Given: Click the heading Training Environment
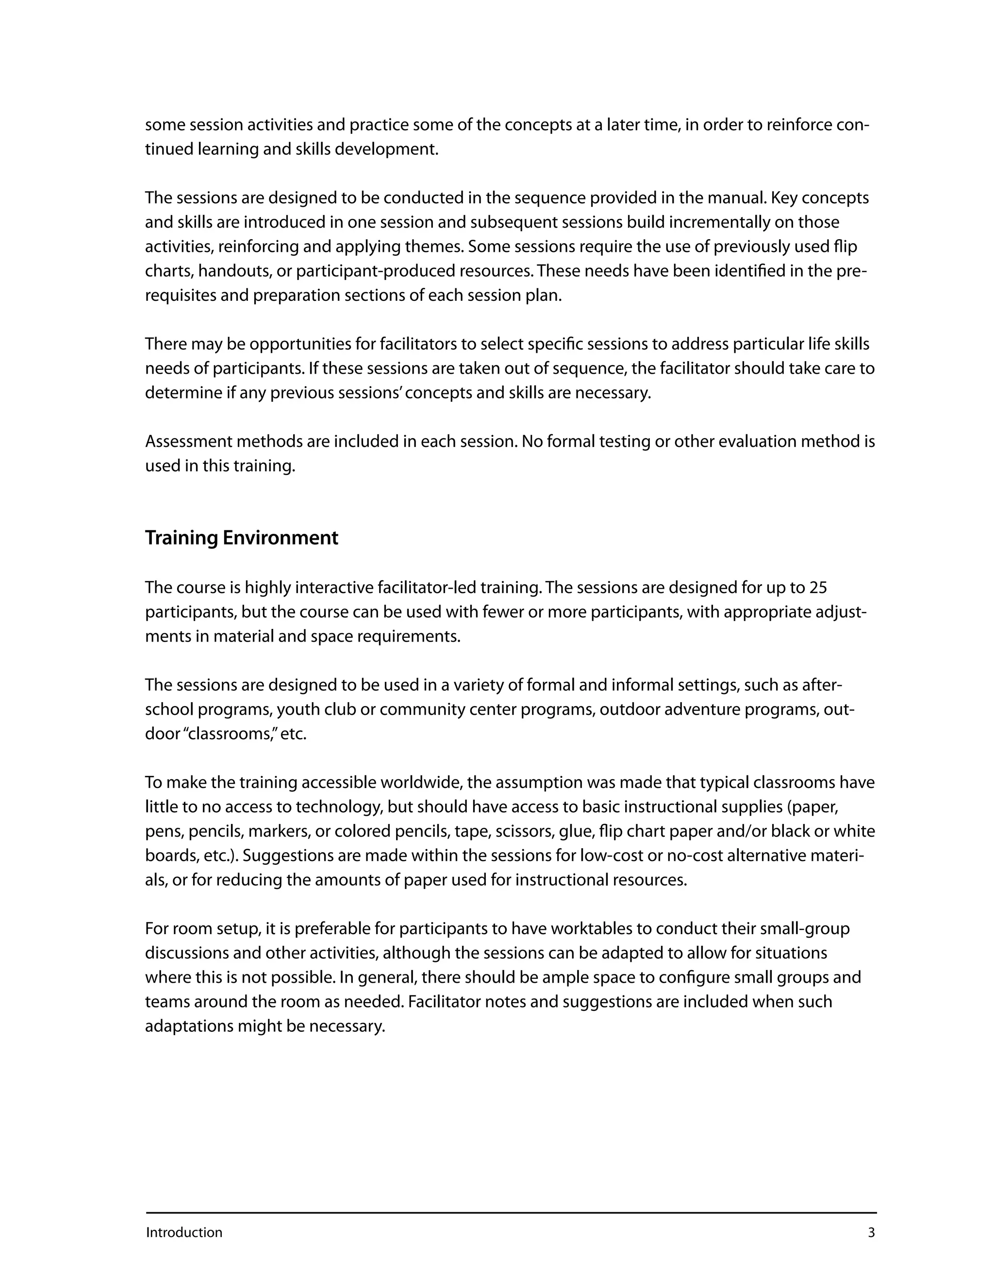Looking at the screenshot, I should pyautogui.click(x=241, y=538).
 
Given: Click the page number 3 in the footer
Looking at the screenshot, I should pyautogui.click(x=872, y=1233).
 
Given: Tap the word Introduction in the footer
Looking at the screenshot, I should pyautogui.click(x=184, y=1233).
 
